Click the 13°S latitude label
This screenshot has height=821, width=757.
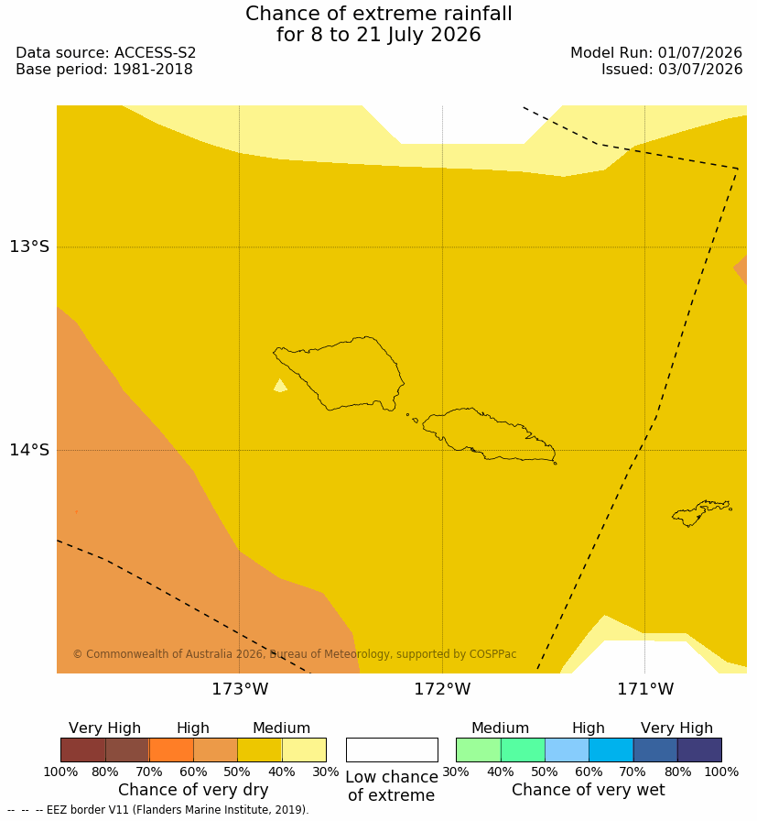(29, 246)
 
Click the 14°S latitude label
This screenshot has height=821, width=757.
(29, 449)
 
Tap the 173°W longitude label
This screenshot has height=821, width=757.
(240, 688)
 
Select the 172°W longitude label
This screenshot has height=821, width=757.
(443, 688)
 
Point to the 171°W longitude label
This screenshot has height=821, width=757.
(645, 688)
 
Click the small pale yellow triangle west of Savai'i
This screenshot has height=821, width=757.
(280, 386)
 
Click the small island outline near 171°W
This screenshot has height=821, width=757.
(701, 512)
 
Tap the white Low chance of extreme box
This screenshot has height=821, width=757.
(392, 750)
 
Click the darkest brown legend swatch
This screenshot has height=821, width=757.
(83, 750)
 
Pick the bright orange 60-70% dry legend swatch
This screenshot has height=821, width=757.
(171, 750)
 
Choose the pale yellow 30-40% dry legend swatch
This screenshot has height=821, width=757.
(304, 750)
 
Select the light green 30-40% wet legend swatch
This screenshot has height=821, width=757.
(479, 750)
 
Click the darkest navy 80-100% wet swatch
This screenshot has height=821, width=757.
(699, 750)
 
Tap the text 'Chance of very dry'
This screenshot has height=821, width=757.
(193, 790)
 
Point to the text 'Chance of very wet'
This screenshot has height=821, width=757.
(588, 790)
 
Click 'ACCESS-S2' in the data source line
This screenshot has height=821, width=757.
(155, 53)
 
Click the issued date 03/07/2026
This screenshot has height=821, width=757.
(700, 69)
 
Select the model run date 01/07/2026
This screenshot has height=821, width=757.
(700, 53)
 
